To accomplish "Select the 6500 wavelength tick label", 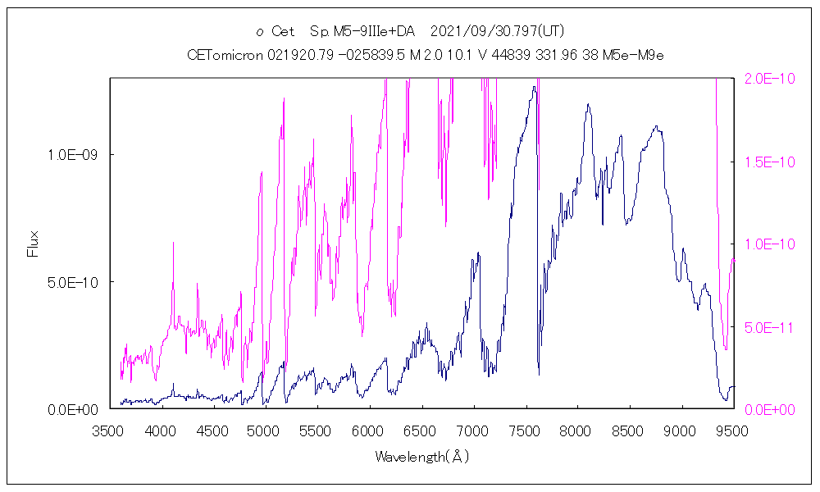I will (x=421, y=430).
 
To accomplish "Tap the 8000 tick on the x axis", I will (x=577, y=430).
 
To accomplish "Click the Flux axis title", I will (x=34, y=244).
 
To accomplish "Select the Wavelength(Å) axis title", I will (x=421, y=457).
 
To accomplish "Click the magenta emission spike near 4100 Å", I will (x=173, y=244).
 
